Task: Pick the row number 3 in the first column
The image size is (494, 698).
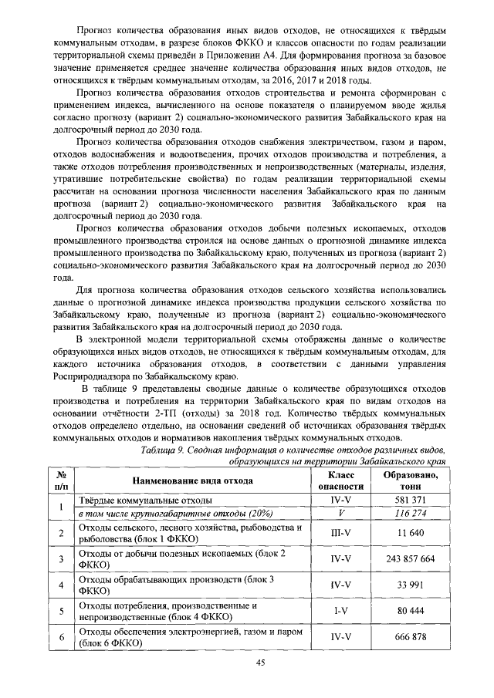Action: click(61, 559)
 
